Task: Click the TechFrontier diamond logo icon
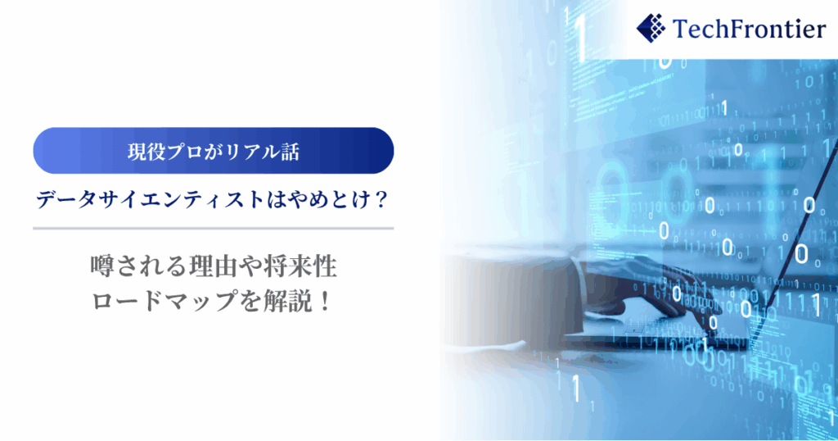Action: pyautogui.click(x=651, y=29)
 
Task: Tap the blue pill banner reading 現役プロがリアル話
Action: pyautogui.click(x=214, y=150)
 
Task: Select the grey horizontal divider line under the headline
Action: pyautogui.click(x=214, y=229)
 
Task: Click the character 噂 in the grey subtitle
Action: pyautogui.click(x=101, y=266)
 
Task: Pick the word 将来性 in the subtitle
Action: pyautogui.click(x=300, y=266)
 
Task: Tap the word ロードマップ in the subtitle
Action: pyautogui.click(x=164, y=302)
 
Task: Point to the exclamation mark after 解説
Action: pyautogui.click(x=324, y=302)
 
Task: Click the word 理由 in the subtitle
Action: pyautogui.click(x=212, y=266)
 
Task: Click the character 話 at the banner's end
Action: pyautogui.click(x=290, y=152)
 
